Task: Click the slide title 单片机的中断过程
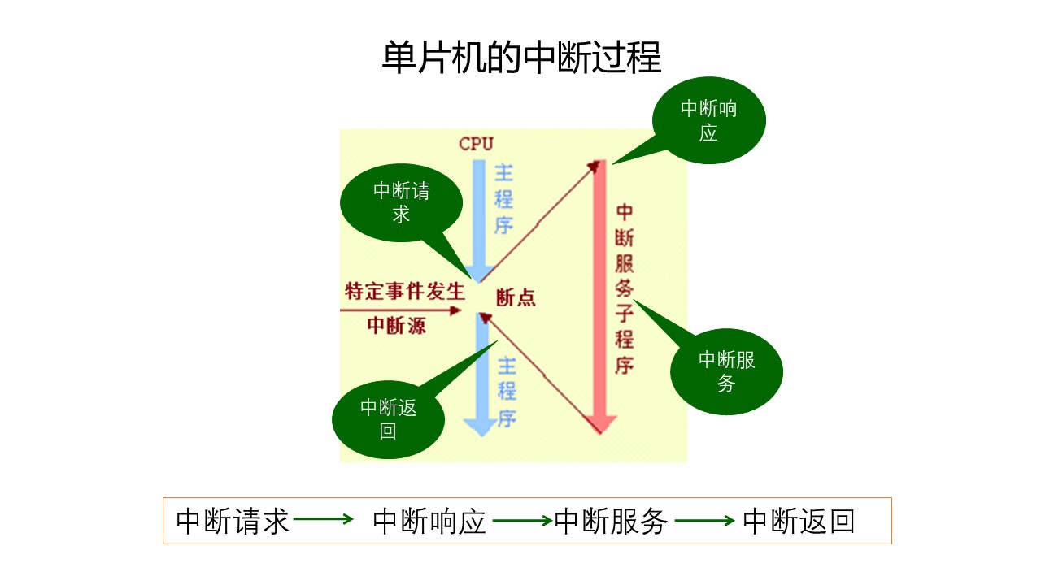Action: click(521, 58)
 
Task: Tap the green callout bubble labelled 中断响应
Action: click(708, 120)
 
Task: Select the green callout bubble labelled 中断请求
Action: click(396, 202)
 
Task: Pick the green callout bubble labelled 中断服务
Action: click(726, 372)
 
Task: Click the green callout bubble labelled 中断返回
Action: click(388, 419)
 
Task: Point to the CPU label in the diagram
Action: click(477, 144)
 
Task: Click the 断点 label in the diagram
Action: click(516, 298)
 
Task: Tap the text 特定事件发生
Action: click(404, 291)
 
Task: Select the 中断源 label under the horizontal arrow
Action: click(396, 326)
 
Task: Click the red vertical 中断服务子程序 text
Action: click(625, 288)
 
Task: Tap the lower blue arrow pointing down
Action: click(481, 382)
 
